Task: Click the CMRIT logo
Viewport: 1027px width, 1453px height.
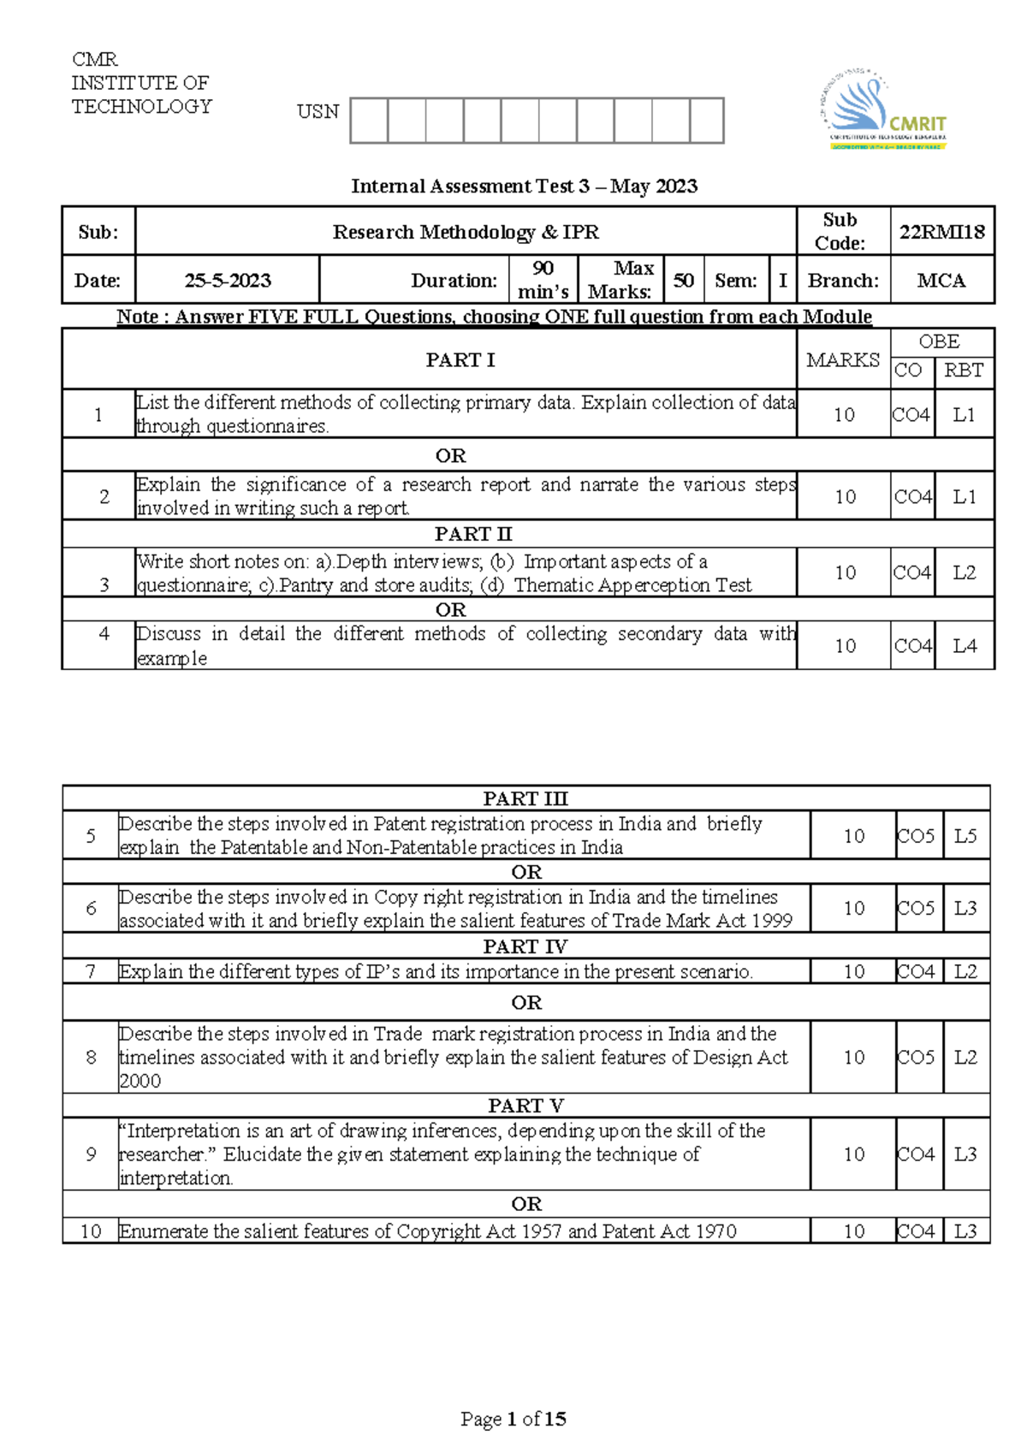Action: pyautogui.click(x=882, y=112)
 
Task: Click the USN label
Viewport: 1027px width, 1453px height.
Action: pyautogui.click(x=318, y=112)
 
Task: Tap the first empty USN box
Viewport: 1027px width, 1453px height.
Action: pyautogui.click(x=369, y=120)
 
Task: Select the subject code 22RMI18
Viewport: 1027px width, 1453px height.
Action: pyautogui.click(x=941, y=232)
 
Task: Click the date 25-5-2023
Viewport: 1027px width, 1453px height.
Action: pyautogui.click(x=228, y=281)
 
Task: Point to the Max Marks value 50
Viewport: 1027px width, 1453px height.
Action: pyautogui.click(x=683, y=281)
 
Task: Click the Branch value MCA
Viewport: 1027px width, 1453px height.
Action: pyautogui.click(x=941, y=281)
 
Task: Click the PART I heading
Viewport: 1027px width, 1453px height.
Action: pyautogui.click(x=460, y=360)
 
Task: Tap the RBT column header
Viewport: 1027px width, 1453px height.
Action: pyautogui.click(x=963, y=371)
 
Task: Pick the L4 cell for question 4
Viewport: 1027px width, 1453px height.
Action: pyautogui.click(x=965, y=646)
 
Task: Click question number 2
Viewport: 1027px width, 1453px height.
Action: pyautogui.click(x=104, y=496)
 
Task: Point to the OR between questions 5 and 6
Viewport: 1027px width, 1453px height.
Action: pyautogui.click(x=525, y=872)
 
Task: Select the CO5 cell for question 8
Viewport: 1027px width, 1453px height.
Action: pyautogui.click(x=915, y=1058)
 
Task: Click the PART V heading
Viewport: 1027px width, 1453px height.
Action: pyautogui.click(x=525, y=1106)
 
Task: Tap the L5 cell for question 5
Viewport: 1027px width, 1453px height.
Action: pyautogui.click(x=965, y=836)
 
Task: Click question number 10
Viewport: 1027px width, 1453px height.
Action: pyautogui.click(x=91, y=1231)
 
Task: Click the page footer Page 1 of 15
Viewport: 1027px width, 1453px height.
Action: pyautogui.click(x=513, y=1419)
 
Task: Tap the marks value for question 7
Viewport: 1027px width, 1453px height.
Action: pyautogui.click(x=853, y=971)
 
